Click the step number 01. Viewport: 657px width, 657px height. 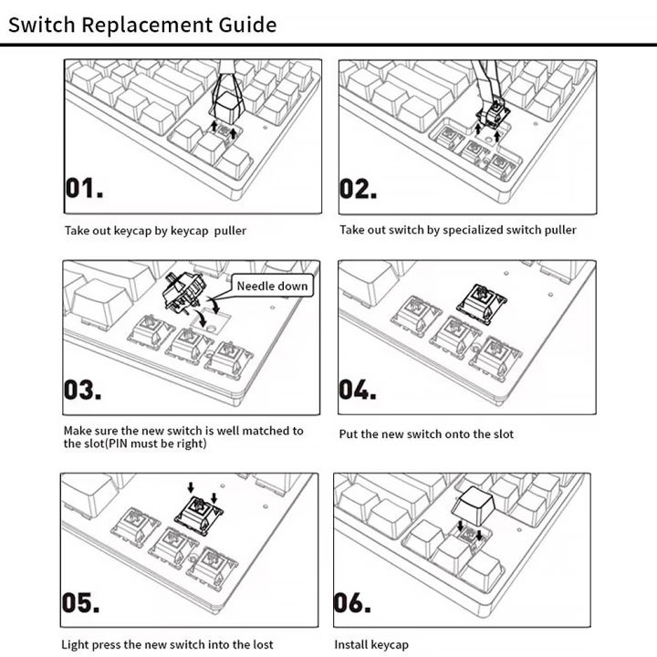coord(84,189)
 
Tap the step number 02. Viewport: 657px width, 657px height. coord(360,189)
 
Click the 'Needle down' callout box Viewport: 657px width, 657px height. coord(272,286)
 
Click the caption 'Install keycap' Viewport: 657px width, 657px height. coord(371,645)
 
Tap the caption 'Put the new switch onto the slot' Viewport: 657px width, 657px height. coord(426,434)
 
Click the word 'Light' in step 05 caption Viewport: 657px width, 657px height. coord(78,645)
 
